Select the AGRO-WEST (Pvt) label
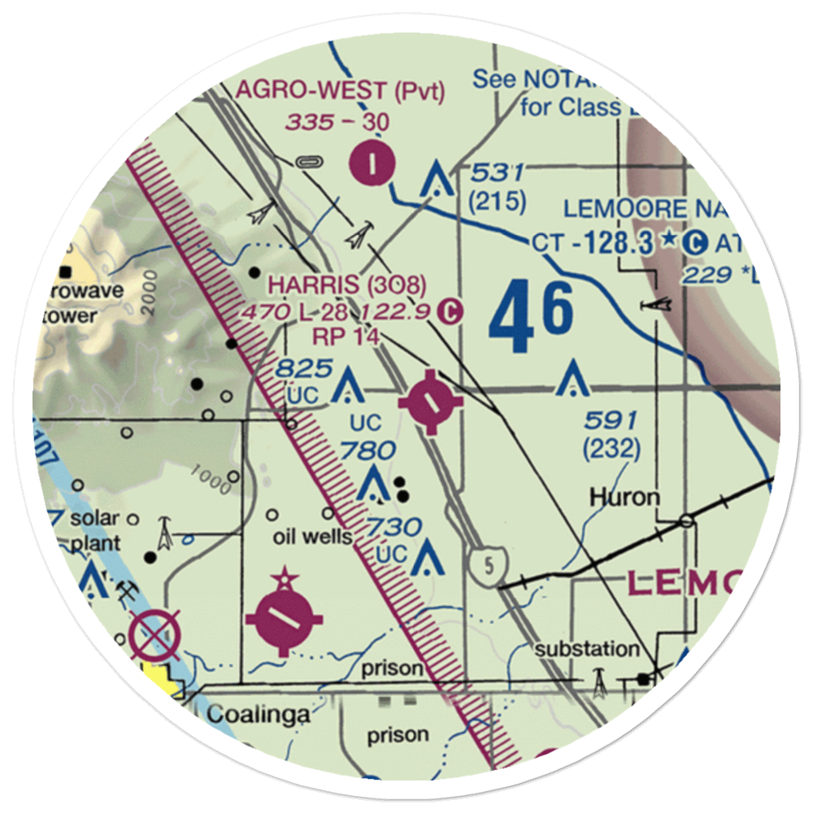[x=340, y=91]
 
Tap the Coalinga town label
[x=258, y=715]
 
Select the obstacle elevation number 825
[x=304, y=367]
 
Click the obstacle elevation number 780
[x=368, y=450]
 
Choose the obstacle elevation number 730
[x=393, y=528]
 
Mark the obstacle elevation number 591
[x=611, y=420]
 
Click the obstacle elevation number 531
[x=497, y=173]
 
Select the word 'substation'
[x=587, y=650]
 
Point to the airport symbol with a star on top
[x=284, y=618]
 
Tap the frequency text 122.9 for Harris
[x=395, y=311]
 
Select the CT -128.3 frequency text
[x=595, y=241]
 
